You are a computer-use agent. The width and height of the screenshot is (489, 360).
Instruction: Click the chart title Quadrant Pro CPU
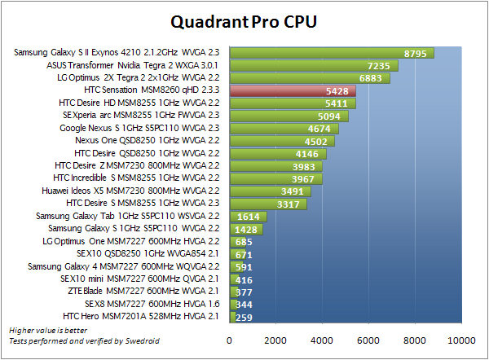244,20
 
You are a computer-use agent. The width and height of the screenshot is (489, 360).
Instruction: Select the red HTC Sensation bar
293,91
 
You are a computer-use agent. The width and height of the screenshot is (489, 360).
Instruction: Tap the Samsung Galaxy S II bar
332,53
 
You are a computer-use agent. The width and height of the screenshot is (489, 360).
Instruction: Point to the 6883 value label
370,78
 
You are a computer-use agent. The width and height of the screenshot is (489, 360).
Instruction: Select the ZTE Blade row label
157,291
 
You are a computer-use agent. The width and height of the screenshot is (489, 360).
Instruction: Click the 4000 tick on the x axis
324,340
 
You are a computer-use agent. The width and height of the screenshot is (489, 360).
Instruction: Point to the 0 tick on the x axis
231,340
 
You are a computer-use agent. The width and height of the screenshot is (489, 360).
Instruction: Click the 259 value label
244,316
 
